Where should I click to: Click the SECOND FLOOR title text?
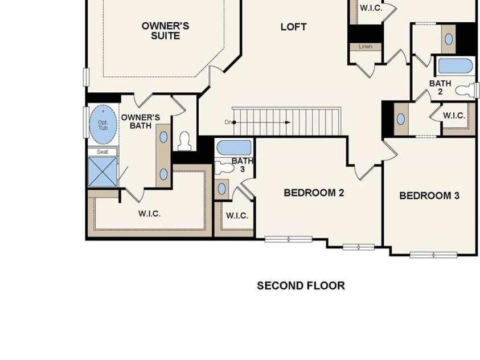click(x=301, y=285)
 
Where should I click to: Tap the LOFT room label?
click(x=293, y=27)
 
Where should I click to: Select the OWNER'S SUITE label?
click(x=165, y=31)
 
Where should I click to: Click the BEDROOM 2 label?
click(x=314, y=193)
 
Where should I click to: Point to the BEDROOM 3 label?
click(x=429, y=195)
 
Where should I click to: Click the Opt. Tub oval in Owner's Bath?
click(x=103, y=125)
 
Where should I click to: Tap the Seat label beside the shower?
click(x=102, y=152)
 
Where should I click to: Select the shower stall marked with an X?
click(x=102, y=171)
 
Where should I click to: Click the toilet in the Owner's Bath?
click(x=184, y=141)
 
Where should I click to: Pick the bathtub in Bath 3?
click(x=234, y=148)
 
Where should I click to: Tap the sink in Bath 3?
click(x=222, y=189)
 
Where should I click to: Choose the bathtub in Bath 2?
click(x=455, y=66)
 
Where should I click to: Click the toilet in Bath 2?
click(x=466, y=91)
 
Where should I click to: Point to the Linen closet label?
click(x=366, y=47)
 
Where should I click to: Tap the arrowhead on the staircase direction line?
click(x=288, y=122)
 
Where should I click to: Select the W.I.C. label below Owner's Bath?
click(x=149, y=214)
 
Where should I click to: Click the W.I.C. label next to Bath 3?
click(x=237, y=216)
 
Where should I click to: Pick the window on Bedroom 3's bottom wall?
click(x=433, y=255)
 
